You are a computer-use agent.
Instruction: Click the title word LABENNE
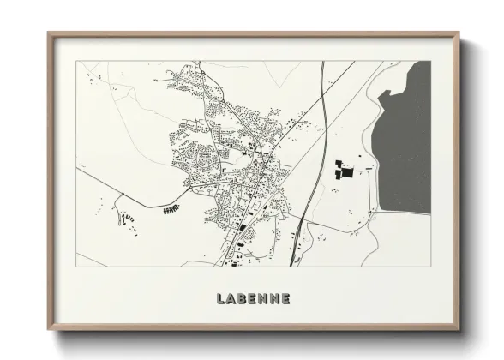click(x=253, y=299)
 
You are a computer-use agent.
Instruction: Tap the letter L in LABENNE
click(x=221, y=299)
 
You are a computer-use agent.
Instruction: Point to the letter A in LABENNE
click(x=231, y=299)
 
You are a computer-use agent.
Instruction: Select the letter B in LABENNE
click(x=243, y=299)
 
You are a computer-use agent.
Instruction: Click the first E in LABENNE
click(x=253, y=299)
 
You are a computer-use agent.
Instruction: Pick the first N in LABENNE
click(x=263, y=299)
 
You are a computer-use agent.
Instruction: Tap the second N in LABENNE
click(x=274, y=299)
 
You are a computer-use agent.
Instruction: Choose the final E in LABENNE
click(x=285, y=299)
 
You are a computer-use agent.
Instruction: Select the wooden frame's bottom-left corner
click(x=49, y=329)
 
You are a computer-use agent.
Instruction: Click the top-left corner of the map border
click(x=76, y=61)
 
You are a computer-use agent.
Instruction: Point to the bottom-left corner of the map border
click(x=76, y=266)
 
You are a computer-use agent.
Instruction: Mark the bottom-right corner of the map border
click(x=431, y=266)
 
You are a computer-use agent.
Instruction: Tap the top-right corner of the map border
click(x=431, y=61)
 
